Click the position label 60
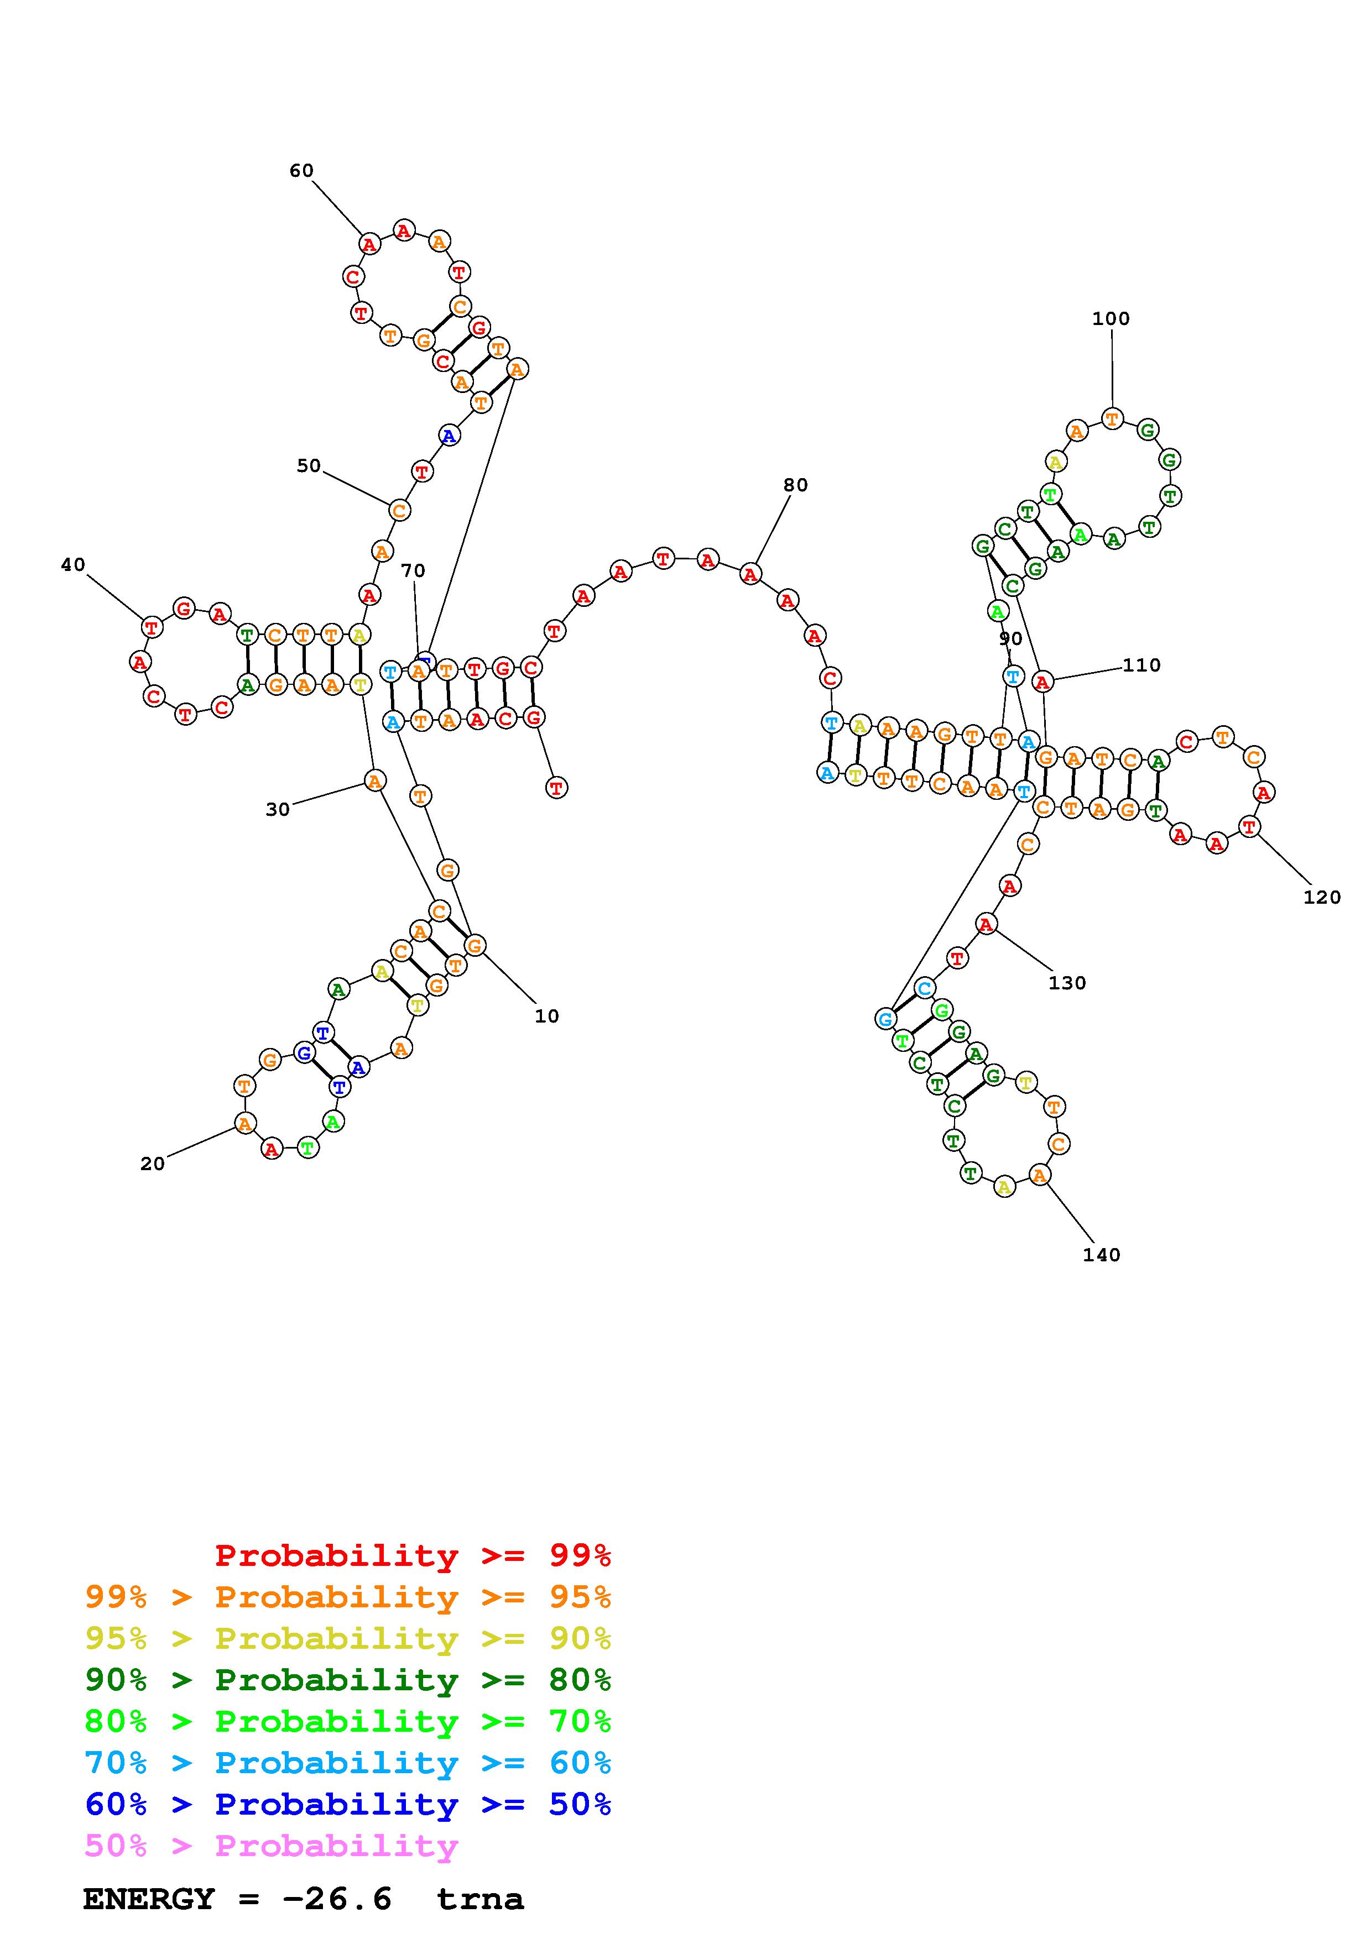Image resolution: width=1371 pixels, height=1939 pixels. tap(301, 171)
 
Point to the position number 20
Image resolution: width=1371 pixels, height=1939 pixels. tap(152, 1164)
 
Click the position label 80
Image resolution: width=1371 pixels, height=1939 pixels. tap(795, 485)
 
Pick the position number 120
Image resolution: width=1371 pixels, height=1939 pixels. tap(1321, 897)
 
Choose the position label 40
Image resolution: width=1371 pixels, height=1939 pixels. tap(74, 564)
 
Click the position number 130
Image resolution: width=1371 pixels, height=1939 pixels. tap(1067, 983)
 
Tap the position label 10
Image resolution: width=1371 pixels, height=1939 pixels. tap(546, 1016)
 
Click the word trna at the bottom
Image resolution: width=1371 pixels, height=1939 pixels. tap(480, 1899)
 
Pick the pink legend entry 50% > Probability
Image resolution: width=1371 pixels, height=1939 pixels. tap(271, 1846)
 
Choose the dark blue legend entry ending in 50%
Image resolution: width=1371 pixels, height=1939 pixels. tap(348, 1805)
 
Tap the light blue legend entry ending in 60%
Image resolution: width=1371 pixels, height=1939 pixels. tap(348, 1763)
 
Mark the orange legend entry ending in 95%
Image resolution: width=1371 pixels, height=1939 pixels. tap(348, 1597)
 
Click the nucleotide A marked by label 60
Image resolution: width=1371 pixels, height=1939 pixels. tap(368, 244)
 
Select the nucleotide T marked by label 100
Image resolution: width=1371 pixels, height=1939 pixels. tap(1112, 418)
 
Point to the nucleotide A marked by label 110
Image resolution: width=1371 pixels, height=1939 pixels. tap(1043, 682)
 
